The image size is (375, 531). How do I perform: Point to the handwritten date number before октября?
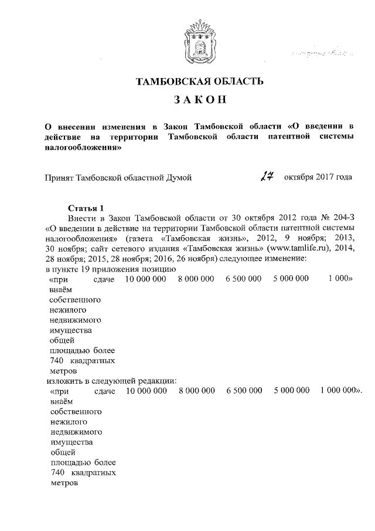(x=269, y=176)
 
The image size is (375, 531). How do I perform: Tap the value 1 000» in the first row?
(x=340, y=279)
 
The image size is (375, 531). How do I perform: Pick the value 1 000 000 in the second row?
(x=340, y=390)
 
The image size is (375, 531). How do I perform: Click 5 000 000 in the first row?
(x=291, y=279)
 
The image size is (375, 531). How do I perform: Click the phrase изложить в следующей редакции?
(x=111, y=380)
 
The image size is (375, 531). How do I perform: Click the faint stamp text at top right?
(x=316, y=53)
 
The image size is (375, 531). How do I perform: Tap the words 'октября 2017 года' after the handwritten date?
(x=318, y=177)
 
